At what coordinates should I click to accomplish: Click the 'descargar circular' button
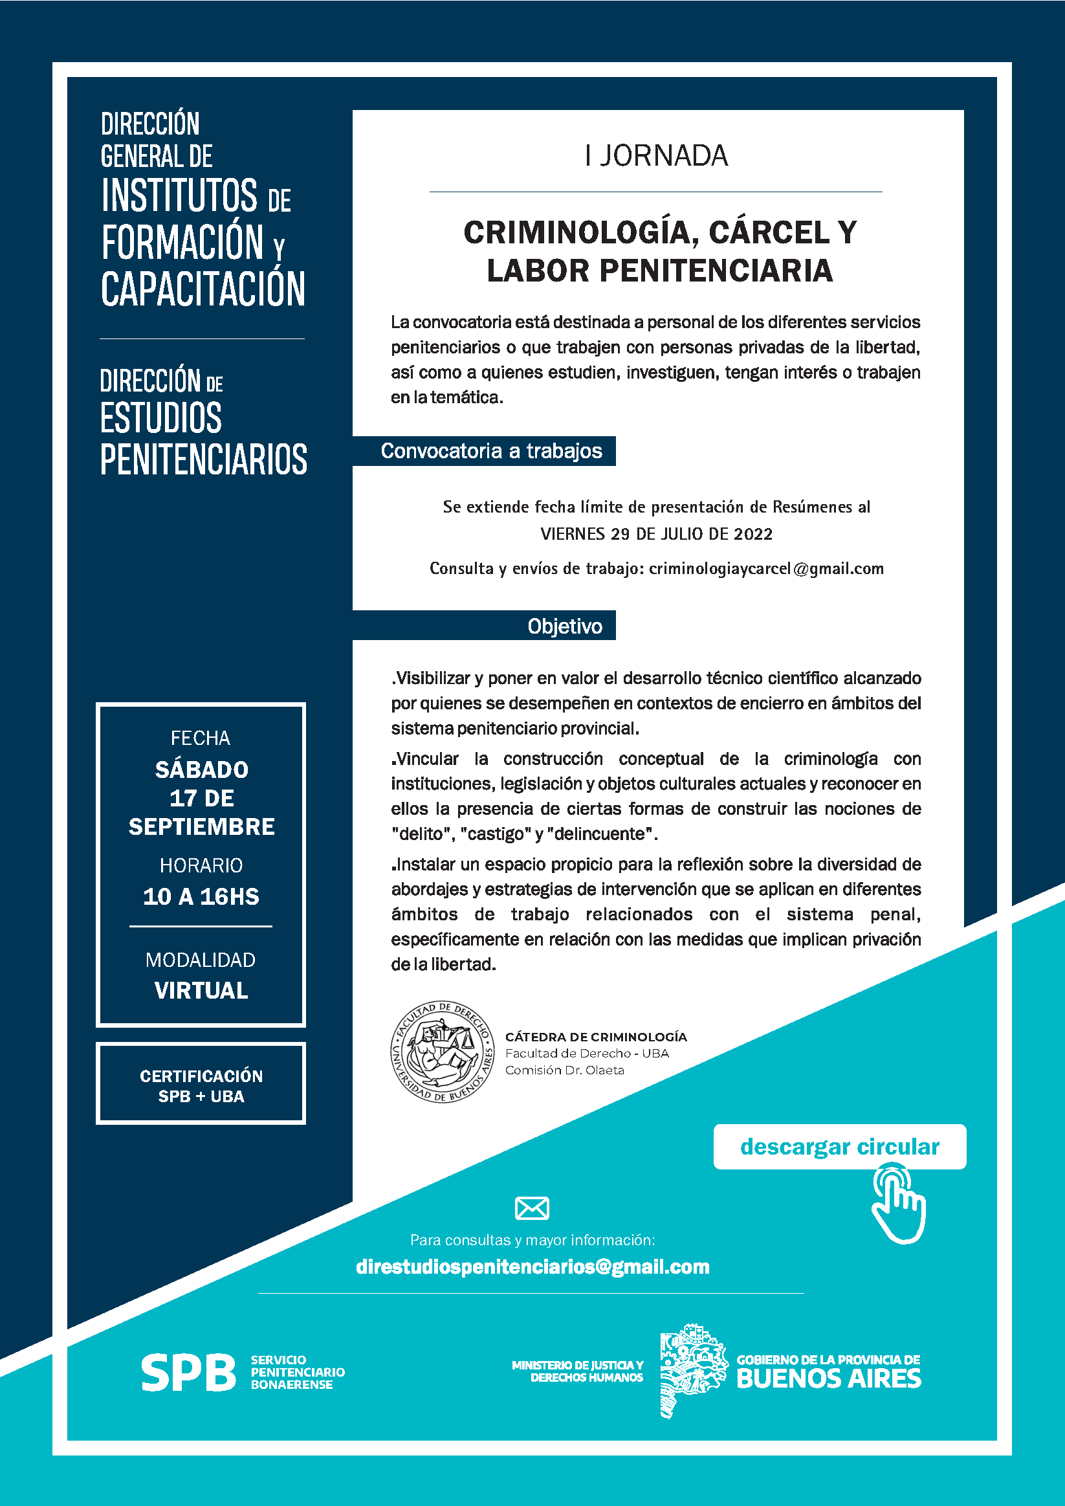tap(839, 1147)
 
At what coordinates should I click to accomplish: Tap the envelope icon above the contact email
tap(532, 1208)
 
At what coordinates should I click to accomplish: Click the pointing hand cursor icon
tap(899, 1204)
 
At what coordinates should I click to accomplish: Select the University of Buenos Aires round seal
tap(443, 1052)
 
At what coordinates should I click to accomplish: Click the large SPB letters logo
tap(188, 1372)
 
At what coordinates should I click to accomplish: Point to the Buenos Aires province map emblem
tap(693, 1369)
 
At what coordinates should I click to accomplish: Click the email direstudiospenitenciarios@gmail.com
tap(532, 1267)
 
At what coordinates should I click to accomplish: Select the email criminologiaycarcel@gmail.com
tap(766, 569)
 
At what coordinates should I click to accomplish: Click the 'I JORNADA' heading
tap(657, 156)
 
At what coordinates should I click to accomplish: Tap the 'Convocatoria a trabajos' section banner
tap(490, 451)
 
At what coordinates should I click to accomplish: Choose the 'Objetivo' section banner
tap(564, 626)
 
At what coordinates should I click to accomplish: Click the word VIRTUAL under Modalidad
tap(201, 990)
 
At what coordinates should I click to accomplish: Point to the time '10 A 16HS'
tap(201, 896)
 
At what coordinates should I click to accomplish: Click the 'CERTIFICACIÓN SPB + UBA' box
tap(201, 1085)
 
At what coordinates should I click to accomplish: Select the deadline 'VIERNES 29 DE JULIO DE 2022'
tap(657, 534)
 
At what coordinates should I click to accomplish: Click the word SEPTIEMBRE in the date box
tap(201, 827)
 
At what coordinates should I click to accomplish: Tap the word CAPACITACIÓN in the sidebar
tap(203, 289)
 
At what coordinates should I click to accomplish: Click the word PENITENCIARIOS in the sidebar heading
tap(203, 459)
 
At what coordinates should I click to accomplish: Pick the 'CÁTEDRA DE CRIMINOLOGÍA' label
tap(595, 1037)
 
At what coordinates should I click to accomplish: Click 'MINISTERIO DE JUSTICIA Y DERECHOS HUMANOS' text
tap(578, 1371)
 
